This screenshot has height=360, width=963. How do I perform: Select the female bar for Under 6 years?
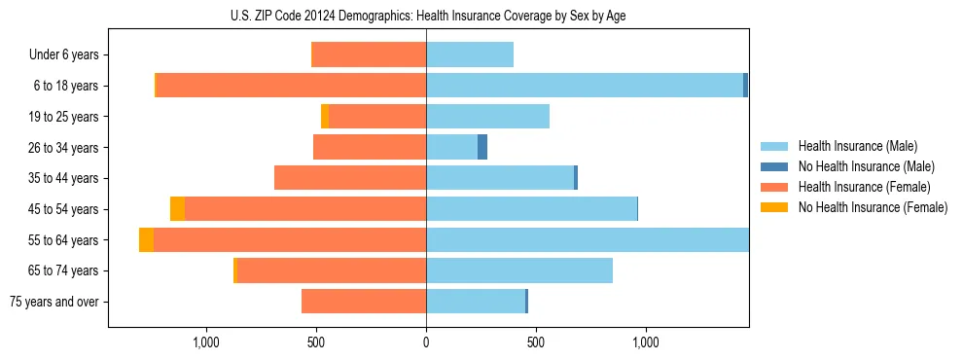pyautogui.click(x=369, y=54)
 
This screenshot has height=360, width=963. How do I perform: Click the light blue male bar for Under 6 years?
pyautogui.click(x=470, y=54)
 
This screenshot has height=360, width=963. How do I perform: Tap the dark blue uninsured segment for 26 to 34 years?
pyautogui.click(x=482, y=147)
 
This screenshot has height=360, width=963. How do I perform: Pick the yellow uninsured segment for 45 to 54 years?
pyautogui.click(x=177, y=209)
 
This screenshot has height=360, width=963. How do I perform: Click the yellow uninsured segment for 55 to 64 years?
pyautogui.click(x=146, y=240)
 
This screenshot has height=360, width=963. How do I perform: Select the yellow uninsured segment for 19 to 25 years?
pyautogui.click(x=325, y=117)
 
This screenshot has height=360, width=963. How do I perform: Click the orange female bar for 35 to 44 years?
pyautogui.click(x=350, y=178)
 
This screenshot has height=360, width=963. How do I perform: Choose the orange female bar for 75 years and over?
pyautogui.click(x=364, y=302)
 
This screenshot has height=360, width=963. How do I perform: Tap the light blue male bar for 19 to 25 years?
pyautogui.click(x=487, y=117)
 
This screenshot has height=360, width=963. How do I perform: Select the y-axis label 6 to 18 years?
pyautogui.click(x=65, y=86)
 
